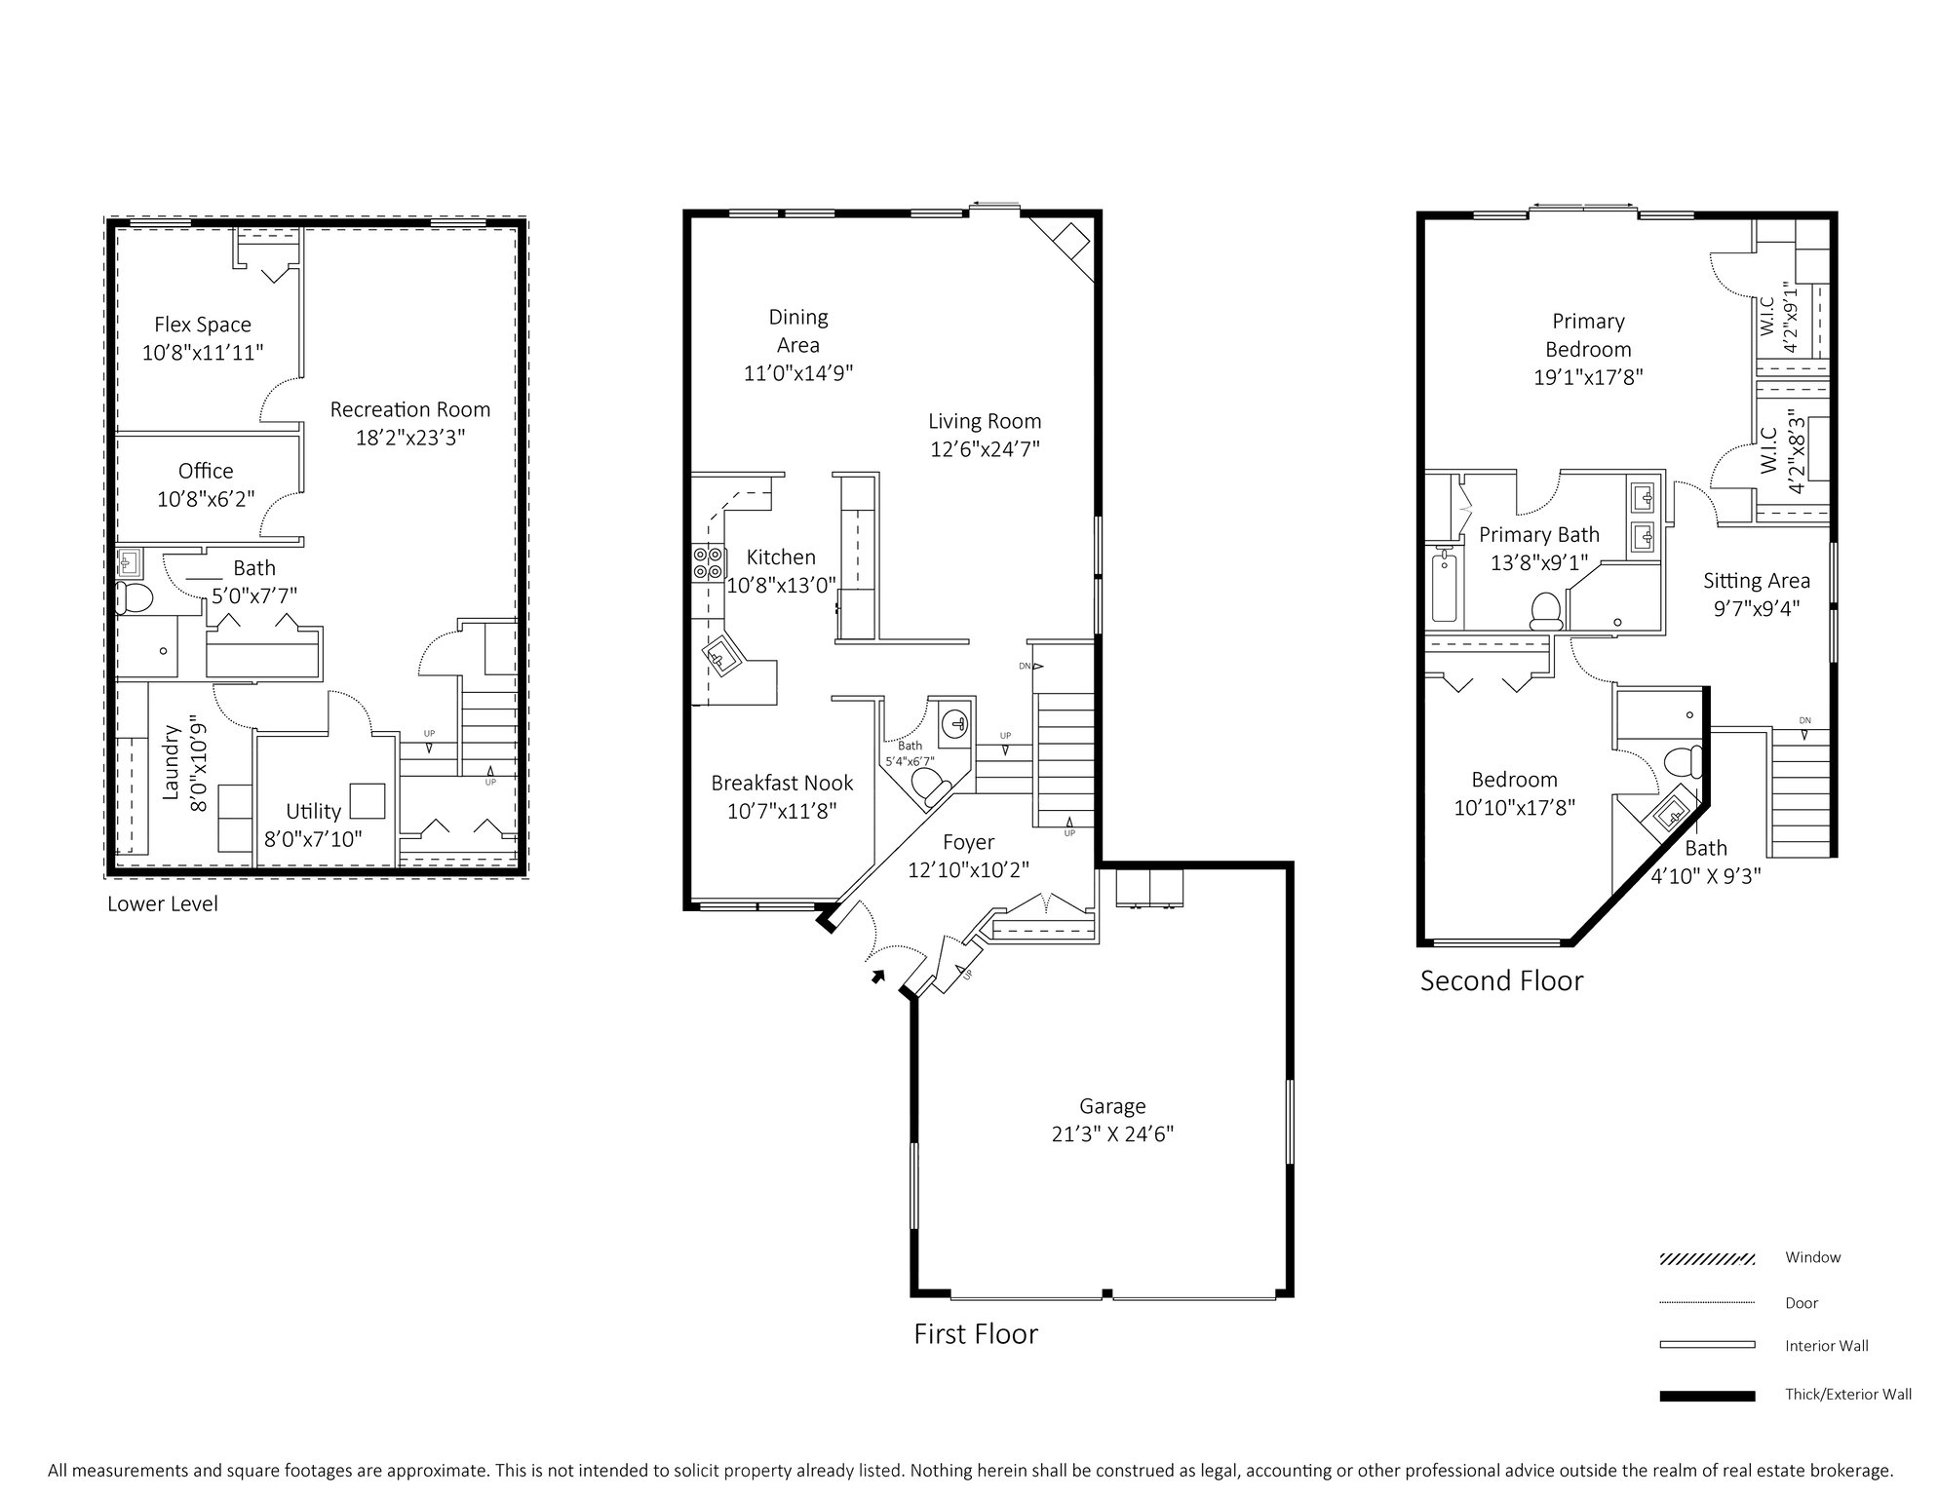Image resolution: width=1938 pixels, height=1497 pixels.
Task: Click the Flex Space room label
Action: pos(203,325)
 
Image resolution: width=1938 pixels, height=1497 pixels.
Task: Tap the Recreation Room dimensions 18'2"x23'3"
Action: pos(410,438)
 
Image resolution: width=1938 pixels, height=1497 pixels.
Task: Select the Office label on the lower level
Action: pos(206,471)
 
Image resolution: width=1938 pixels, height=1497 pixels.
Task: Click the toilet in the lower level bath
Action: pos(135,597)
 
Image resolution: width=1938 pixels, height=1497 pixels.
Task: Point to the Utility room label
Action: pos(313,811)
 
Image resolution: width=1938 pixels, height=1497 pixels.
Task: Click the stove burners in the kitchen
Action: pos(708,563)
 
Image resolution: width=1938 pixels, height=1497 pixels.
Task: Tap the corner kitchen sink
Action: pos(721,659)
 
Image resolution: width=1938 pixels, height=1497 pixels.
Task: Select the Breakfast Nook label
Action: pos(782,783)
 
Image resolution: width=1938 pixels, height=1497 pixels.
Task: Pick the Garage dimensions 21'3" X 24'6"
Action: pos(1112,1134)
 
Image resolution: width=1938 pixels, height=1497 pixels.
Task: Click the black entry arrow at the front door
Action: pos(877,976)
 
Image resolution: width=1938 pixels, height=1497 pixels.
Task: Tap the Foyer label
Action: pos(968,842)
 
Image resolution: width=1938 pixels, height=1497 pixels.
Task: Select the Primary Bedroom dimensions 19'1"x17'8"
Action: pos(1588,377)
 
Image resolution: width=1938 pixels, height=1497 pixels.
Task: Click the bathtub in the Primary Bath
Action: pos(1443,587)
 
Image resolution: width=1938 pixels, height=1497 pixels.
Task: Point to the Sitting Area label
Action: pos(1757,581)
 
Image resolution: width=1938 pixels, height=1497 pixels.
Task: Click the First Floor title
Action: pos(976,1333)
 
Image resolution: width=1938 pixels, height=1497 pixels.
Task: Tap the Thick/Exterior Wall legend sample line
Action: pos(1707,1396)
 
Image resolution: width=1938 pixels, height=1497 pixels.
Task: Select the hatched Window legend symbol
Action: pos(1707,1259)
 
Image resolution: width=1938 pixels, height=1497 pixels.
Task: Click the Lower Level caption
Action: pos(163,903)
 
